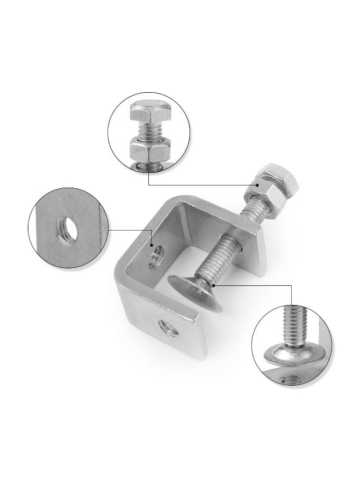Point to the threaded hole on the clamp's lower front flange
point(164,328)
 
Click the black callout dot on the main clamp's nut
point(247,185)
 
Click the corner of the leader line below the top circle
point(149,185)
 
